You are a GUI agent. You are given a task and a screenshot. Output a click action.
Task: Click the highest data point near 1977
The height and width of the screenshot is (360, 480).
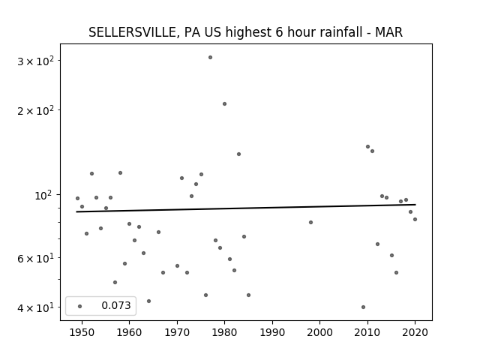pyautogui.click(x=210, y=57)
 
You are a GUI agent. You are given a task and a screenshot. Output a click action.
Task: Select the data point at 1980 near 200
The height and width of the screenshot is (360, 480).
pyautogui.click(x=224, y=103)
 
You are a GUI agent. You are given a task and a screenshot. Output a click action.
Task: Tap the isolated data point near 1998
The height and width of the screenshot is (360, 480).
pyautogui.click(x=310, y=222)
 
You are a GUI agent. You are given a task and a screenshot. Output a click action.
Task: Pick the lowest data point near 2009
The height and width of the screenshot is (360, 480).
pyautogui.click(x=363, y=307)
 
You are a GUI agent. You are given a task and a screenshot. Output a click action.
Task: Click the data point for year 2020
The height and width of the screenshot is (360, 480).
pyautogui.click(x=415, y=219)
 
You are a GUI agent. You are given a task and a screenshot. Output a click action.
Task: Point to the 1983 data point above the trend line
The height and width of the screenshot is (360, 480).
pyautogui.click(x=238, y=154)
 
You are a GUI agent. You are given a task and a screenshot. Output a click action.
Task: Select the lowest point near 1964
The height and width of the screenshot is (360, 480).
pyautogui.click(x=148, y=301)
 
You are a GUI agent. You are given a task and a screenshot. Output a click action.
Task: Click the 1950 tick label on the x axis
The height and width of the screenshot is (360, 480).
pyautogui.click(x=82, y=332)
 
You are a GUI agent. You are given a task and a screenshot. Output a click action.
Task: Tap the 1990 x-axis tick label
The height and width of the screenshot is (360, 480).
pyautogui.click(x=272, y=332)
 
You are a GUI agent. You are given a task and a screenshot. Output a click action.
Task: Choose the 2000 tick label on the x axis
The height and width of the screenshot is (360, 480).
pyautogui.click(x=320, y=332)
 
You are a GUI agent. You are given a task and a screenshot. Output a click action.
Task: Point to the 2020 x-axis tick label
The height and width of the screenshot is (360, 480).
pyautogui.click(x=415, y=332)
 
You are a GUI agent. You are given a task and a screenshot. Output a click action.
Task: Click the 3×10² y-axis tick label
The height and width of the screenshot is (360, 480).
pyautogui.click(x=35, y=61)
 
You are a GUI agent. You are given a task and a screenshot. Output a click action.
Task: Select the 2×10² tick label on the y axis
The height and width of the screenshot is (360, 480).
pyautogui.click(x=35, y=110)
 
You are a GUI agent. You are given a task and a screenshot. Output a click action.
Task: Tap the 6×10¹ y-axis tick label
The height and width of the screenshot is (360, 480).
pyautogui.click(x=35, y=258)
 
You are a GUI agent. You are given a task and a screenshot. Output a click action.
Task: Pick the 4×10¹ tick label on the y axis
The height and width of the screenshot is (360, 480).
pyautogui.click(x=35, y=307)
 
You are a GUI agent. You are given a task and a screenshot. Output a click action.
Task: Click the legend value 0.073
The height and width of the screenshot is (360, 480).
pyautogui.click(x=116, y=305)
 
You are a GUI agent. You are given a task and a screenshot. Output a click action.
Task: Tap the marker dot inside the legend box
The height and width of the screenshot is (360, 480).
pyautogui.click(x=79, y=306)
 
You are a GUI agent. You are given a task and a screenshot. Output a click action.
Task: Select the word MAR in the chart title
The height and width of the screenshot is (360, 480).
pyautogui.click(x=388, y=32)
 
